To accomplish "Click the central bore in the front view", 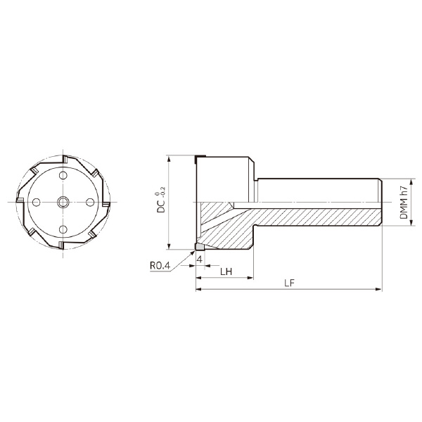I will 61,202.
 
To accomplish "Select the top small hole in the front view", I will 61,174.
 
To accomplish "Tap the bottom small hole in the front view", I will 61,229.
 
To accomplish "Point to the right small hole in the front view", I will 89,202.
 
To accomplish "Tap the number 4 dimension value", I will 200,260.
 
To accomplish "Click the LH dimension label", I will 226,271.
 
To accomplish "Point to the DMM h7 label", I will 403,202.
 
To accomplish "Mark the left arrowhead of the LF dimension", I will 199,289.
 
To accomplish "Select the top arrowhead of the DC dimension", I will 170,158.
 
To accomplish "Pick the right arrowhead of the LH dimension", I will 250,277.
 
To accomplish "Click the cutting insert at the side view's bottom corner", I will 199,247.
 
